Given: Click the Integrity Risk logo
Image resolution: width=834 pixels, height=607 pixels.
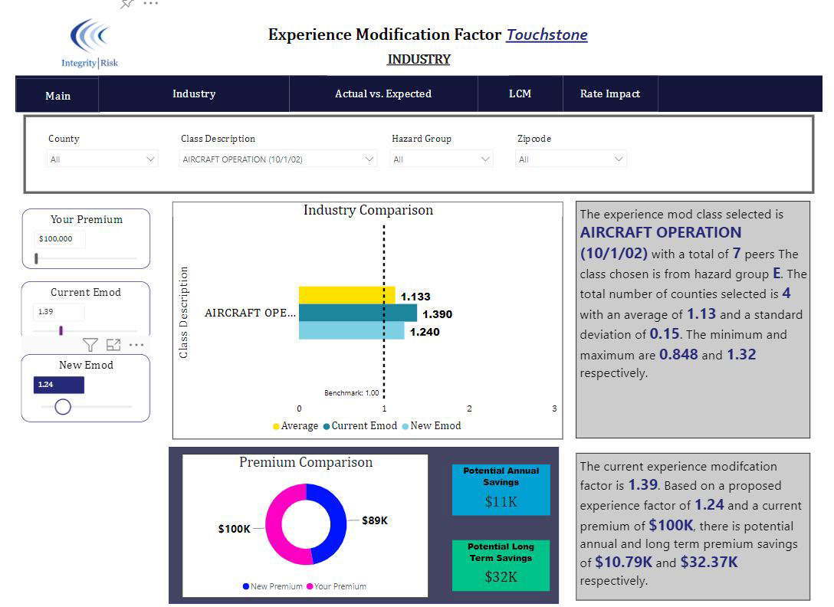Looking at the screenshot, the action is coord(90,44).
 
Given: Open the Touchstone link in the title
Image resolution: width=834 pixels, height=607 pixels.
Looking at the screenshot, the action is coord(547,34).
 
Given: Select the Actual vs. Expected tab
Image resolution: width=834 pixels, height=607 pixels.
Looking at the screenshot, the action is coord(383,94).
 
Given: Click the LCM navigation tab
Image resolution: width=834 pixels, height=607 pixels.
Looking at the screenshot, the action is coord(520,94).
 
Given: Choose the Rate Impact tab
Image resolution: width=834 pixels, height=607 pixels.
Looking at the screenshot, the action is coord(610,94).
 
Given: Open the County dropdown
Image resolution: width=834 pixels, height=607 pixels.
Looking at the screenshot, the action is coord(102,159).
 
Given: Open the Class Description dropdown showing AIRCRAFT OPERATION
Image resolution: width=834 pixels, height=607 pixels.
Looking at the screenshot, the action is coord(277,159).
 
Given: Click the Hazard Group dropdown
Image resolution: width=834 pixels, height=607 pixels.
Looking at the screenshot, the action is coord(442,159).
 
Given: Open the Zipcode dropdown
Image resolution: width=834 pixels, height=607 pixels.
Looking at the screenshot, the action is coord(571,159).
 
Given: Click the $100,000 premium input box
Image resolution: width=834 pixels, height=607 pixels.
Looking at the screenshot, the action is coord(59,239).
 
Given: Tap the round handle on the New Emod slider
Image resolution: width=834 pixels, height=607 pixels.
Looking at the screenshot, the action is coord(63,407).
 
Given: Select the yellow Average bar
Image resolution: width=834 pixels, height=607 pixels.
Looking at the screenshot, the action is coord(346,295).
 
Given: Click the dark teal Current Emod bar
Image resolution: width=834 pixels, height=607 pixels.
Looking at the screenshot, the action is coord(358,313).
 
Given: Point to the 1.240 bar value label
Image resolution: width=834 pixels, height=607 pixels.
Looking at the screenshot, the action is coord(425,332).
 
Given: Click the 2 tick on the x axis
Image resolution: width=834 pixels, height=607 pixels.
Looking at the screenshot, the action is coord(469,408).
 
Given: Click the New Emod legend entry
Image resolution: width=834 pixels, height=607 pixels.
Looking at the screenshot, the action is coord(432,425).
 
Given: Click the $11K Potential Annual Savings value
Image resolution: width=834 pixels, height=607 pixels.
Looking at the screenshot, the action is coord(501,502).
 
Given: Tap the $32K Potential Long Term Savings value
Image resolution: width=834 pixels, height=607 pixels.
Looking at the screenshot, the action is coord(501,576).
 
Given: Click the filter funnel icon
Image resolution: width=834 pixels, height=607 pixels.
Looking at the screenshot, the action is coord(90,345).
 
